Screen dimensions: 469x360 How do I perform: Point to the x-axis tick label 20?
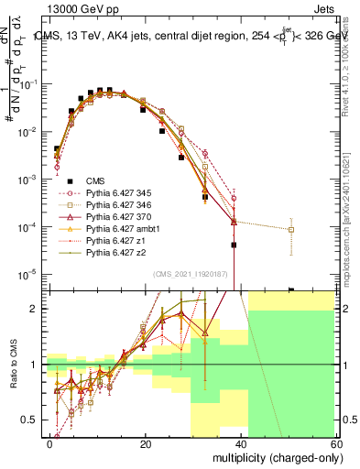[x=146, y=443]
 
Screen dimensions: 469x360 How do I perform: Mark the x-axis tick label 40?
[x=241, y=443]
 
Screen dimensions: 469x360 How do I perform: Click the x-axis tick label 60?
[x=336, y=443]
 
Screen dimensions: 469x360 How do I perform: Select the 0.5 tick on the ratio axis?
[x=32, y=420]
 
